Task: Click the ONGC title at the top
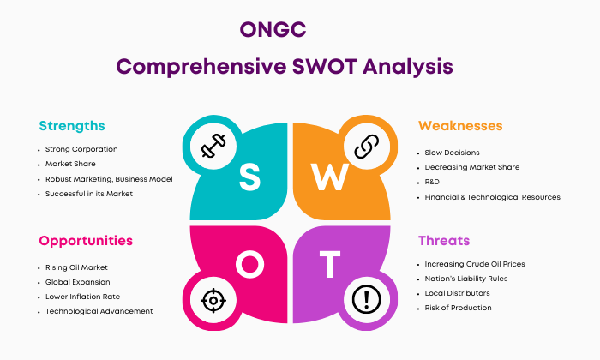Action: pyautogui.click(x=273, y=29)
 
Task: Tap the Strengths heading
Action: pyautogui.click(x=72, y=126)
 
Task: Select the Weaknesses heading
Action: pyautogui.click(x=460, y=126)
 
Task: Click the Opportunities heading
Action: pyautogui.click(x=86, y=241)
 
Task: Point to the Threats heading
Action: pyautogui.click(x=444, y=241)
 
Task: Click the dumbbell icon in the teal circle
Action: pyautogui.click(x=213, y=146)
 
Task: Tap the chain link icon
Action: pyautogui.click(x=367, y=146)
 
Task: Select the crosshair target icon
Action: pyautogui.click(x=213, y=300)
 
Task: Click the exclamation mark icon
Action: pyautogui.click(x=367, y=299)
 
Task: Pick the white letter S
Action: pyautogui.click(x=250, y=177)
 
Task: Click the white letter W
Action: pyautogui.click(x=330, y=177)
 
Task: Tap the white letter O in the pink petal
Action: pyautogui.click(x=250, y=264)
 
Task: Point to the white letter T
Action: pyautogui.click(x=330, y=264)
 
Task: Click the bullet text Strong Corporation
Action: pyautogui.click(x=81, y=149)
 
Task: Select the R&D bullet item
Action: pyautogui.click(x=432, y=182)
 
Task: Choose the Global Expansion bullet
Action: pyautogui.click(x=78, y=282)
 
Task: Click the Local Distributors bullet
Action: pyautogui.click(x=457, y=293)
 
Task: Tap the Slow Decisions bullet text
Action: pyautogui.click(x=452, y=153)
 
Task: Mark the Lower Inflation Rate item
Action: pyautogui.click(x=82, y=297)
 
